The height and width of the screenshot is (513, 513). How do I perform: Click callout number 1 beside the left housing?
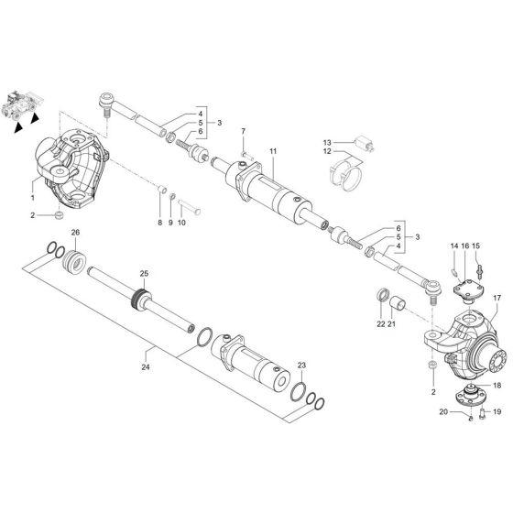point(33,197)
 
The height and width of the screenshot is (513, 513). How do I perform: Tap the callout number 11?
point(272,149)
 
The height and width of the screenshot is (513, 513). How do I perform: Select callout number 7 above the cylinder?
point(244,132)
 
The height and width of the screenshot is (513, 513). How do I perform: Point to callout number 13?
point(326,143)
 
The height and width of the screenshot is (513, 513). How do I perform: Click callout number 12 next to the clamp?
point(326,152)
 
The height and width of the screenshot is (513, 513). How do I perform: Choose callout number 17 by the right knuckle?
point(497,298)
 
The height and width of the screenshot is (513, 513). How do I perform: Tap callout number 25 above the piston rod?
point(143,274)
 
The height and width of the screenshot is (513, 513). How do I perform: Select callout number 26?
point(75,231)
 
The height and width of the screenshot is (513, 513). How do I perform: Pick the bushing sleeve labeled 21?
point(398,301)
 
